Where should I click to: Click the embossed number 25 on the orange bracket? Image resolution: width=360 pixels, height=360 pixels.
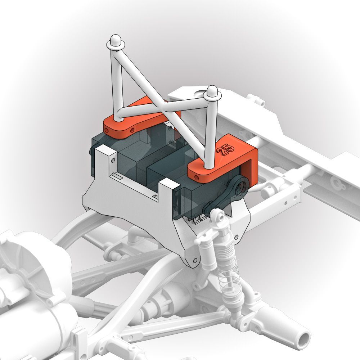tap(226, 150)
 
